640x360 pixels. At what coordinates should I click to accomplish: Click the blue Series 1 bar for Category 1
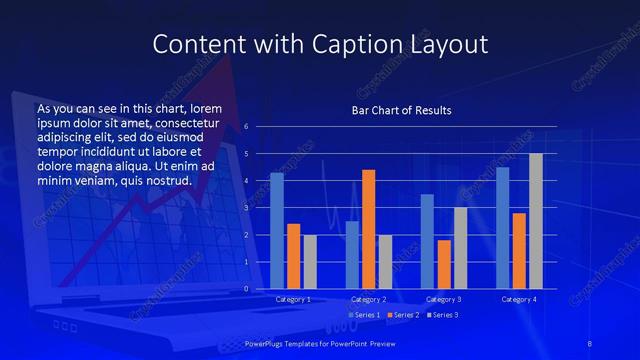pyautogui.click(x=277, y=231)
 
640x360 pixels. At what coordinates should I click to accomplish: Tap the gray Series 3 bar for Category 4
pyautogui.click(x=536, y=221)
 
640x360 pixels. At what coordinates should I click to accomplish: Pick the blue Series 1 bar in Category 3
pyautogui.click(x=427, y=241)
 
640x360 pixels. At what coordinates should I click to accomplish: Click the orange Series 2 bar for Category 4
pyautogui.click(x=519, y=251)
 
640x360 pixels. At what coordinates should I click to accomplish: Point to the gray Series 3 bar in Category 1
pyautogui.click(x=310, y=262)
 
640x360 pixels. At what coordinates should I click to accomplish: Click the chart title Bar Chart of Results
pyautogui.click(x=402, y=110)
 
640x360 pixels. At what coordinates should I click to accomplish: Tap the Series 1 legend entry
pyautogui.click(x=363, y=316)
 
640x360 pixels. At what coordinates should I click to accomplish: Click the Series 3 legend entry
pyautogui.click(x=440, y=316)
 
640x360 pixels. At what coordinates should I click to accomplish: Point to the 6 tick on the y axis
pyautogui.click(x=246, y=127)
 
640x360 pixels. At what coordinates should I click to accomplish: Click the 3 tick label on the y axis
pyautogui.click(x=246, y=208)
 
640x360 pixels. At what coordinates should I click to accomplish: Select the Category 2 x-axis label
pyautogui.click(x=368, y=299)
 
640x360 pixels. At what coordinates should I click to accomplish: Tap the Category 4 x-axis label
pyautogui.click(x=519, y=299)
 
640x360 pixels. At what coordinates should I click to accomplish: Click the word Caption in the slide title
pyautogui.click(x=335, y=44)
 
